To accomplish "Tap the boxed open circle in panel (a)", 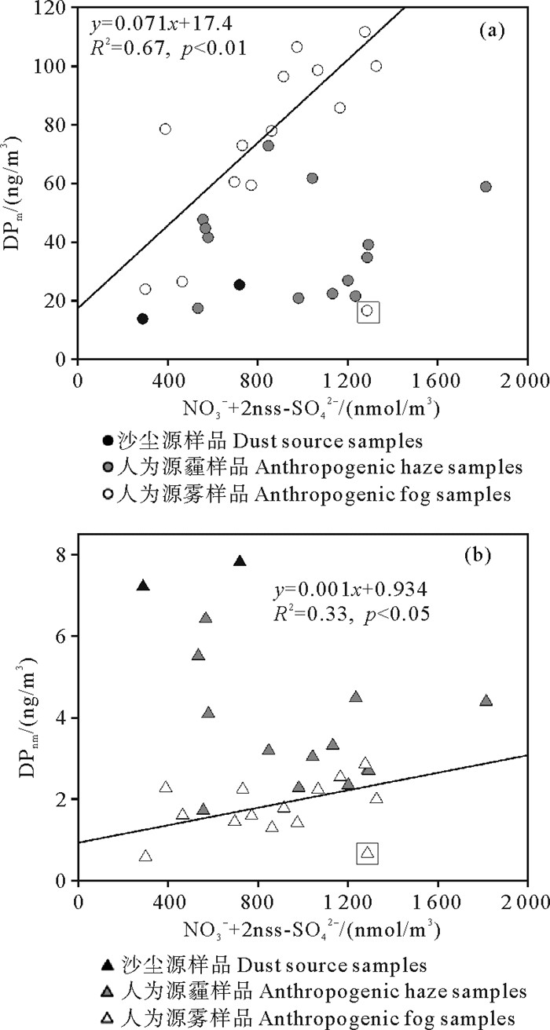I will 367,312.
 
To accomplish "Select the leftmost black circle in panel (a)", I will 143,319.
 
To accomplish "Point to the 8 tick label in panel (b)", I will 60,555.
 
